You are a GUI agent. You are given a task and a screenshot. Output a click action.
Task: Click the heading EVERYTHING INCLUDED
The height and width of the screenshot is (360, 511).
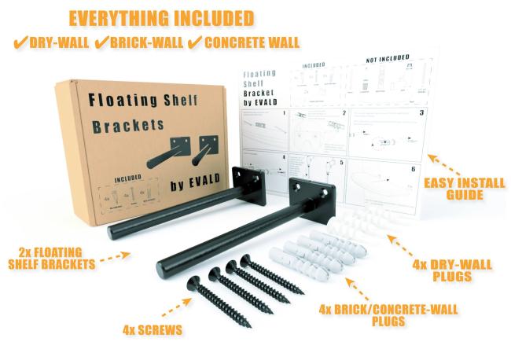pos(160,17)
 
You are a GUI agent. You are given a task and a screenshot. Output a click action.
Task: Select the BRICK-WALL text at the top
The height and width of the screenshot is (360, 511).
pos(145,41)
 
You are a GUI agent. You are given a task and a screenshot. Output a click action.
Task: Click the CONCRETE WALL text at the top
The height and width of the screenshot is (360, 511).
pos(251,41)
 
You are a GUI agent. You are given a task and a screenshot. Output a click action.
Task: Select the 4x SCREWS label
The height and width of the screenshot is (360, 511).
pos(154,329)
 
